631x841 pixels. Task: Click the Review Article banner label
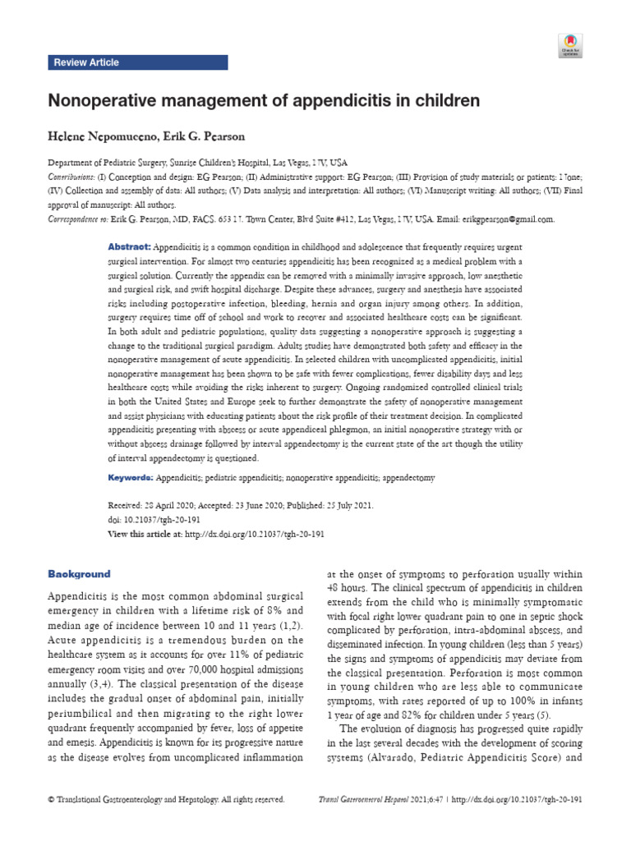pyautogui.click(x=86, y=62)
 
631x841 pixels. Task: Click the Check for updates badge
pyautogui.click(x=570, y=45)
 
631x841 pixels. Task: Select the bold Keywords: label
pyautogui.click(x=131, y=477)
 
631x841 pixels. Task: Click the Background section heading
pyautogui.click(x=79, y=573)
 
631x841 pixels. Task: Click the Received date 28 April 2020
pyautogui.click(x=173, y=506)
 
